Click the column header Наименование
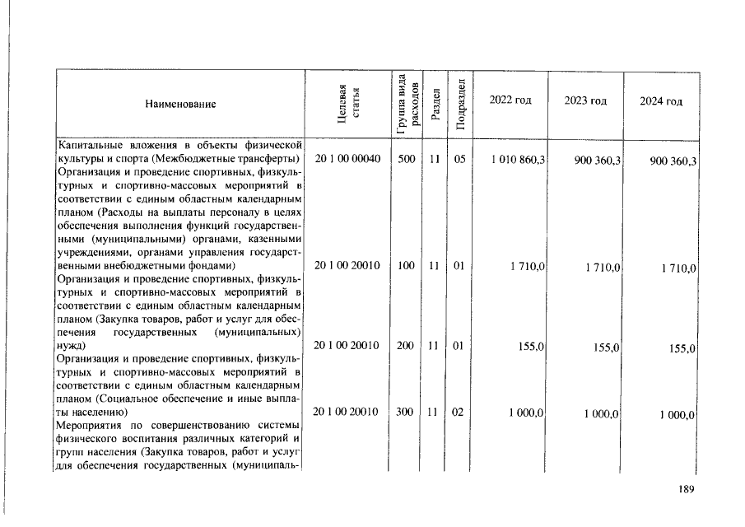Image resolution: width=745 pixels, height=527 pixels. [180, 105]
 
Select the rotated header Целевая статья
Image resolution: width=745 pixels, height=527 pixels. [347, 104]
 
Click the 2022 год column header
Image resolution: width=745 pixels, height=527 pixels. [510, 100]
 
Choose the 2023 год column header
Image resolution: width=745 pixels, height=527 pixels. [585, 100]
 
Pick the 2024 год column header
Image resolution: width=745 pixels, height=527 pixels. [661, 101]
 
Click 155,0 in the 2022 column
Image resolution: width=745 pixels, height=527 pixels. [530, 347]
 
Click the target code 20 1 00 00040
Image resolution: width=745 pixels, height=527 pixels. [347, 159]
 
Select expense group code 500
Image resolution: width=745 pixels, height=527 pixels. [406, 159]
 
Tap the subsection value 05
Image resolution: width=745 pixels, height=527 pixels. [459, 159]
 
